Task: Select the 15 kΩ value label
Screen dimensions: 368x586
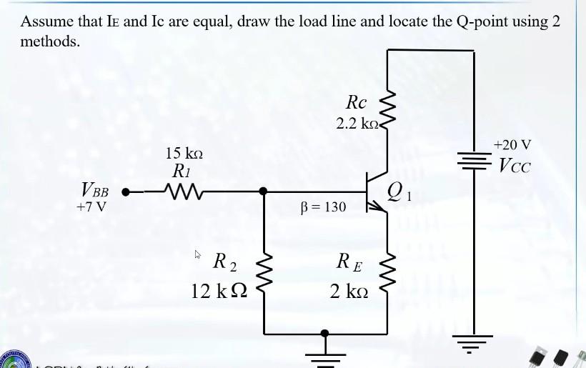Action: (x=184, y=153)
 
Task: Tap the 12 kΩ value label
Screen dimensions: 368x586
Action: (x=219, y=292)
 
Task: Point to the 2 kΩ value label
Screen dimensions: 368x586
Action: (x=349, y=292)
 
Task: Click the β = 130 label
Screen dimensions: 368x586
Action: (x=324, y=207)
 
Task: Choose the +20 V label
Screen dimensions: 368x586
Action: (x=512, y=145)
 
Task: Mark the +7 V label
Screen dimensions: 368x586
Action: (x=93, y=207)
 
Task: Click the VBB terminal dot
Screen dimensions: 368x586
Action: (x=126, y=192)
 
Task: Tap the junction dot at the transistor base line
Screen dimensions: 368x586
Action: (x=264, y=192)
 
